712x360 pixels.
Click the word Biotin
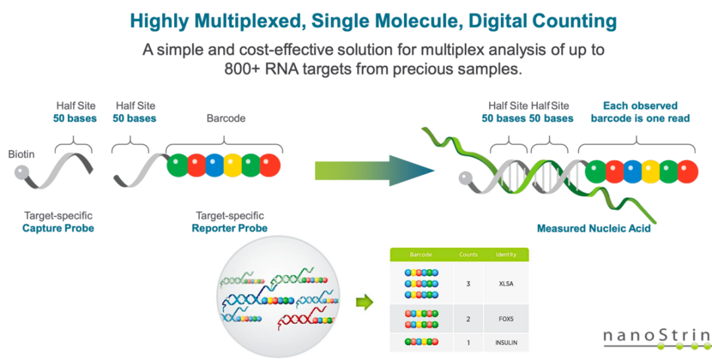[21, 155]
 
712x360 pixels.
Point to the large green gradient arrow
[374, 171]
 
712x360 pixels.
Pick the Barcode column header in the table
[421, 255]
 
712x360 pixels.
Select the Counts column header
[468, 255]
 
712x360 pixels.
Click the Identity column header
[506, 255]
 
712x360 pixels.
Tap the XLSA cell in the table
[506, 284]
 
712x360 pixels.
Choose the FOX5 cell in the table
[506, 318]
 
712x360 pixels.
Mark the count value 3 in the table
[468, 284]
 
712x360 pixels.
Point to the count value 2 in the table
[468, 318]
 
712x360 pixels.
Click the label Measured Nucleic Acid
[593, 228]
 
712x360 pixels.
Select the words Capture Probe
[58, 227]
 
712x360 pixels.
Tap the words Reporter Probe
[229, 227]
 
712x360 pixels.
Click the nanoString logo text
[657, 336]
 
